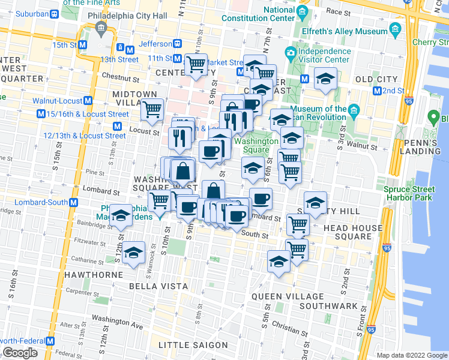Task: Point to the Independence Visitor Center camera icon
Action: [290, 53]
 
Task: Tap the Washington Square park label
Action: [256, 146]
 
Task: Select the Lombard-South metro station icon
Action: [73, 203]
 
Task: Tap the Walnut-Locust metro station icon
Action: [88, 101]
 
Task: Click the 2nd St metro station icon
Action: [377, 91]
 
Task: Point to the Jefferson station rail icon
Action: [178, 44]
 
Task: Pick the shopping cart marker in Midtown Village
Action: [152, 109]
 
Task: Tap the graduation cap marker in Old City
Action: [325, 79]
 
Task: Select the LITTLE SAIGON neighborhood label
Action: [193, 345]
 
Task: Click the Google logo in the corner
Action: [20, 353]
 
